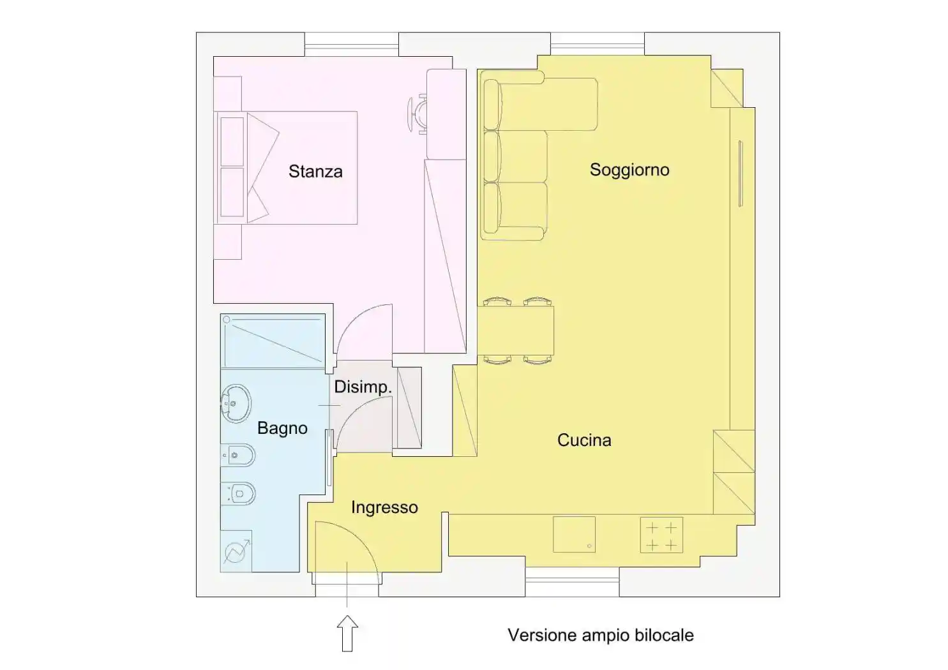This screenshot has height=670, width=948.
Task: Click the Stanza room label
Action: point(315,171)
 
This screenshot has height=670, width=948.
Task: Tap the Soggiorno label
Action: point(629,170)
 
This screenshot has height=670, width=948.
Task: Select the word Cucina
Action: point(584,440)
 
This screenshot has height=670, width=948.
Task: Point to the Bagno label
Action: point(282,428)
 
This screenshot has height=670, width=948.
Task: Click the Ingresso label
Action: point(384,507)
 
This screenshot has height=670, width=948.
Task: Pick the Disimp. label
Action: point(363,387)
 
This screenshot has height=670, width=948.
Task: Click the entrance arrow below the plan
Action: point(347,633)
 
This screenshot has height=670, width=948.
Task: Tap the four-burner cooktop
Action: point(661,535)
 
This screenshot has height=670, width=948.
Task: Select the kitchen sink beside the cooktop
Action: point(574,534)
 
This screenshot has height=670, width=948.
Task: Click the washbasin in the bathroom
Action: point(236,404)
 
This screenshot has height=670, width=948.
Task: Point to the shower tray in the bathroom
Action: point(273,341)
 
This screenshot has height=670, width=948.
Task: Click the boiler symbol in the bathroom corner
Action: point(236,551)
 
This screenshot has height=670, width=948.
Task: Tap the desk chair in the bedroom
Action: point(417,114)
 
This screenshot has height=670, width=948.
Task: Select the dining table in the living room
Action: point(515,331)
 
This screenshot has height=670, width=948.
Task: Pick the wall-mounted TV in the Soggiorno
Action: point(741,174)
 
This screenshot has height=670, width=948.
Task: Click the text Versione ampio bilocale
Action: point(601,636)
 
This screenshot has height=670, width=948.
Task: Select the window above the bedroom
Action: point(352,45)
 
